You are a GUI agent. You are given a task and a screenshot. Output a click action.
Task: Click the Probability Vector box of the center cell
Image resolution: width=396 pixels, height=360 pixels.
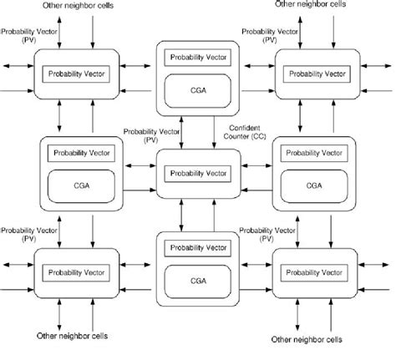[x=197, y=172]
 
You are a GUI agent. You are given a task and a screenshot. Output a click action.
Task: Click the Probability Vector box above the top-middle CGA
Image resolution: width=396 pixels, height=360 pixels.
[x=197, y=57]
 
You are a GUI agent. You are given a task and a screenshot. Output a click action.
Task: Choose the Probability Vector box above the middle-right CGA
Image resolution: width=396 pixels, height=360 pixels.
[x=313, y=153]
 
